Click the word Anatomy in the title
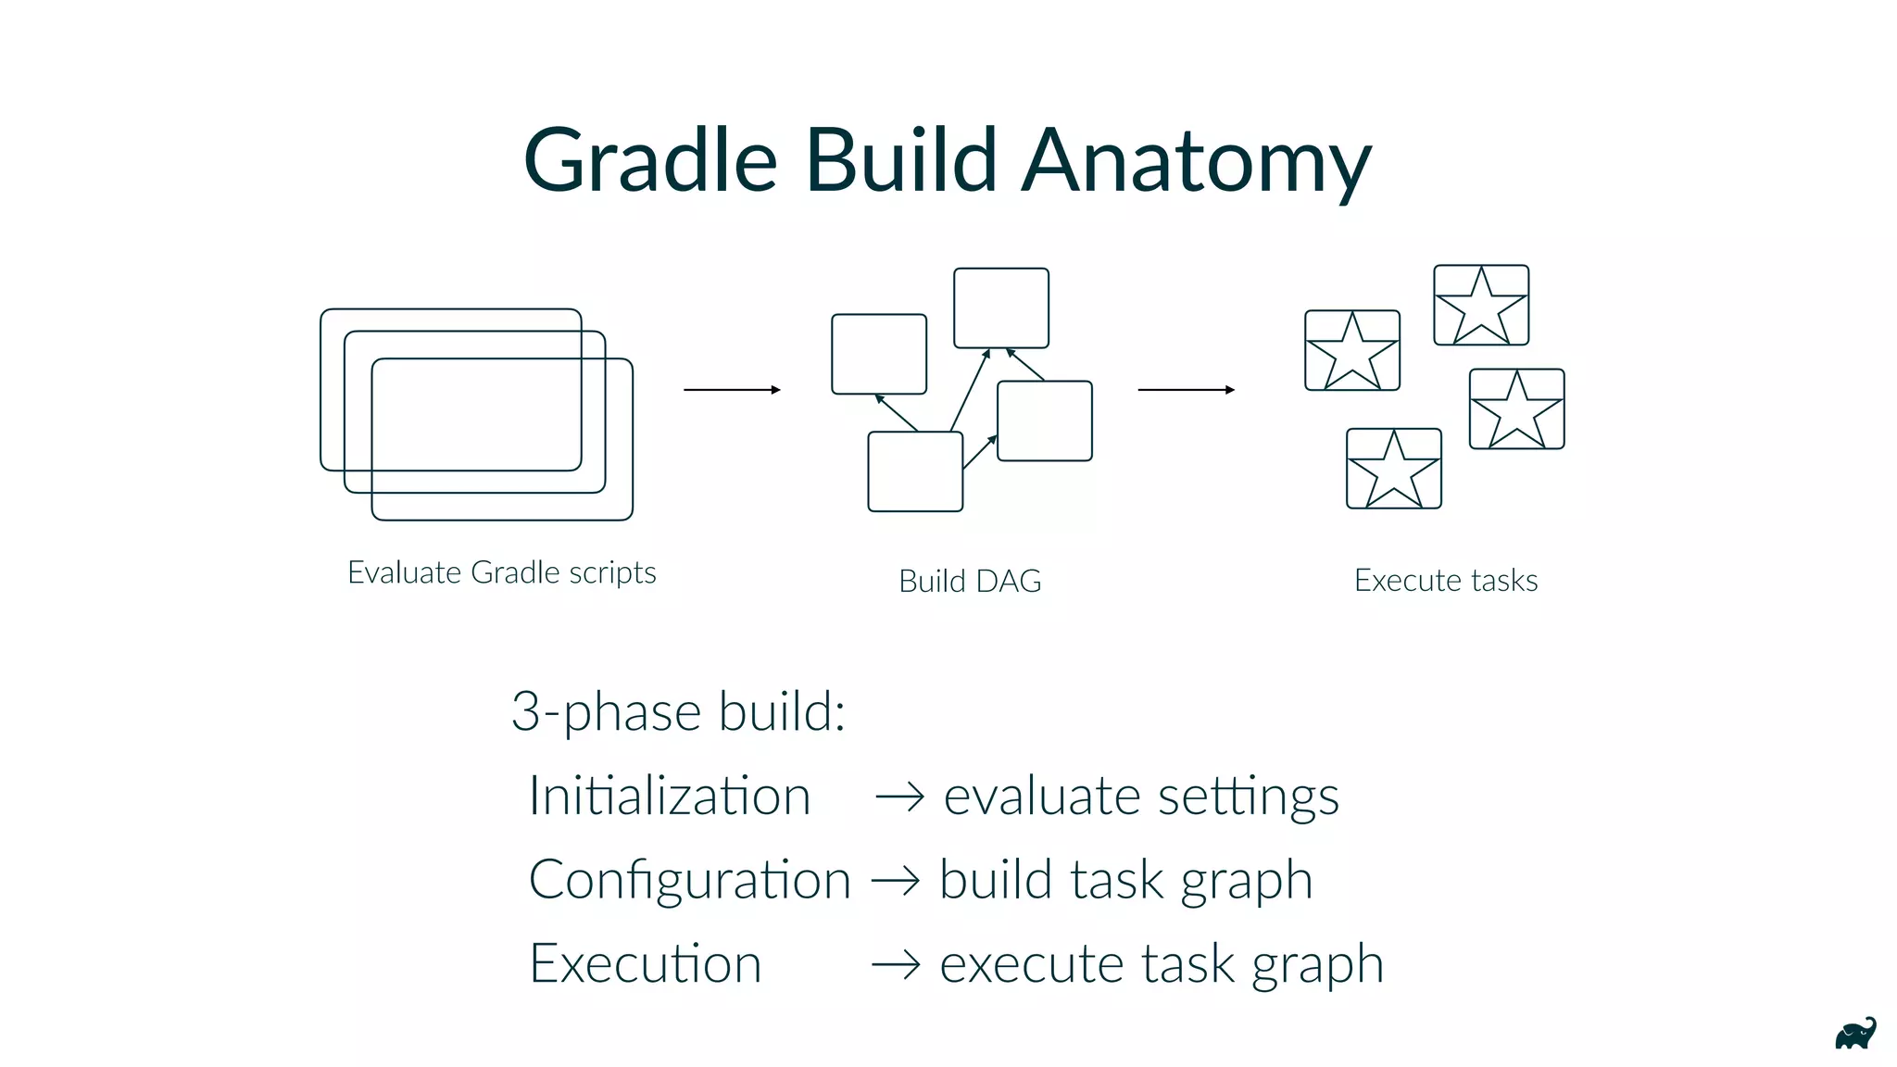pos(1195,162)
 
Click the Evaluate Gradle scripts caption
pos(501,572)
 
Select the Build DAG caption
pos(970,581)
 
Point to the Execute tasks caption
pos(1445,581)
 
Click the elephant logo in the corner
pos(1855,1034)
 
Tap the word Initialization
pos(669,796)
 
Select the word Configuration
pos(689,880)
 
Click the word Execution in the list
pos(645,963)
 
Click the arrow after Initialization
pos(899,797)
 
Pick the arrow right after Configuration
pos(896,880)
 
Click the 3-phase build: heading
pos(678,711)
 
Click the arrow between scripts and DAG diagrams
pos(732,390)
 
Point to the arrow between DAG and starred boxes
pos(1186,390)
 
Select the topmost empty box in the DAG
pos(1001,308)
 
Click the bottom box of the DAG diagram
pos(915,471)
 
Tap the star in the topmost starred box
pos(1481,307)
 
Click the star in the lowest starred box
pos(1394,471)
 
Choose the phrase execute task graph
pos(1162,963)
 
